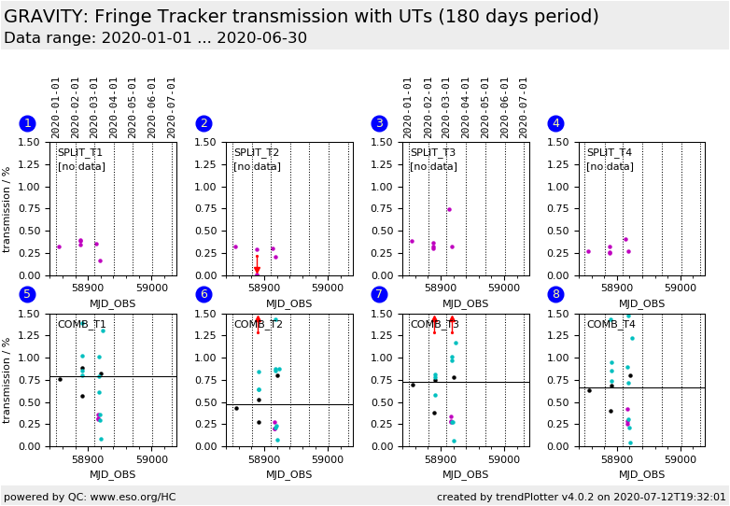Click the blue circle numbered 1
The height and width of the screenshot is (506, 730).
(x=27, y=123)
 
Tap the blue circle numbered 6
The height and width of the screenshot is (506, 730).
(x=204, y=295)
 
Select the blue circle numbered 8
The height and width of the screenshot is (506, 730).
(x=555, y=295)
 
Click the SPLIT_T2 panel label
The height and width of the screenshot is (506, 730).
(x=256, y=153)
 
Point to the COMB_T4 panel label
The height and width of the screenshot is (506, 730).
(x=611, y=325)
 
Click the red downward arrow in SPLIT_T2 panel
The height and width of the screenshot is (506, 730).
(x=258, y=270)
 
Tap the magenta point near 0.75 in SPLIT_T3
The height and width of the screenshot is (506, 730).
(x=449, y=209)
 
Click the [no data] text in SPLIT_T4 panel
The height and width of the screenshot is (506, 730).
(x=610, y=167)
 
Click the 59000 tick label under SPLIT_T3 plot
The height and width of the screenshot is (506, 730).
(x=503, y=289)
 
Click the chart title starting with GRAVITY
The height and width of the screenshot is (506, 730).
(x=302, y=17)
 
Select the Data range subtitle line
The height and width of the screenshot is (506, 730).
(x=155, y=38)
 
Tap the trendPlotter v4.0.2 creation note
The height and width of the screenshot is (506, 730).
(x=581, y=497)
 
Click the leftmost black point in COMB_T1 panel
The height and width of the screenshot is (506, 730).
(x=60, y=379)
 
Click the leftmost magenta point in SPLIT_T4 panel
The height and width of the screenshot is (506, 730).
(x=588, y=251)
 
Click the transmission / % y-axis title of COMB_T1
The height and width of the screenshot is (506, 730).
(x=7, y=380)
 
